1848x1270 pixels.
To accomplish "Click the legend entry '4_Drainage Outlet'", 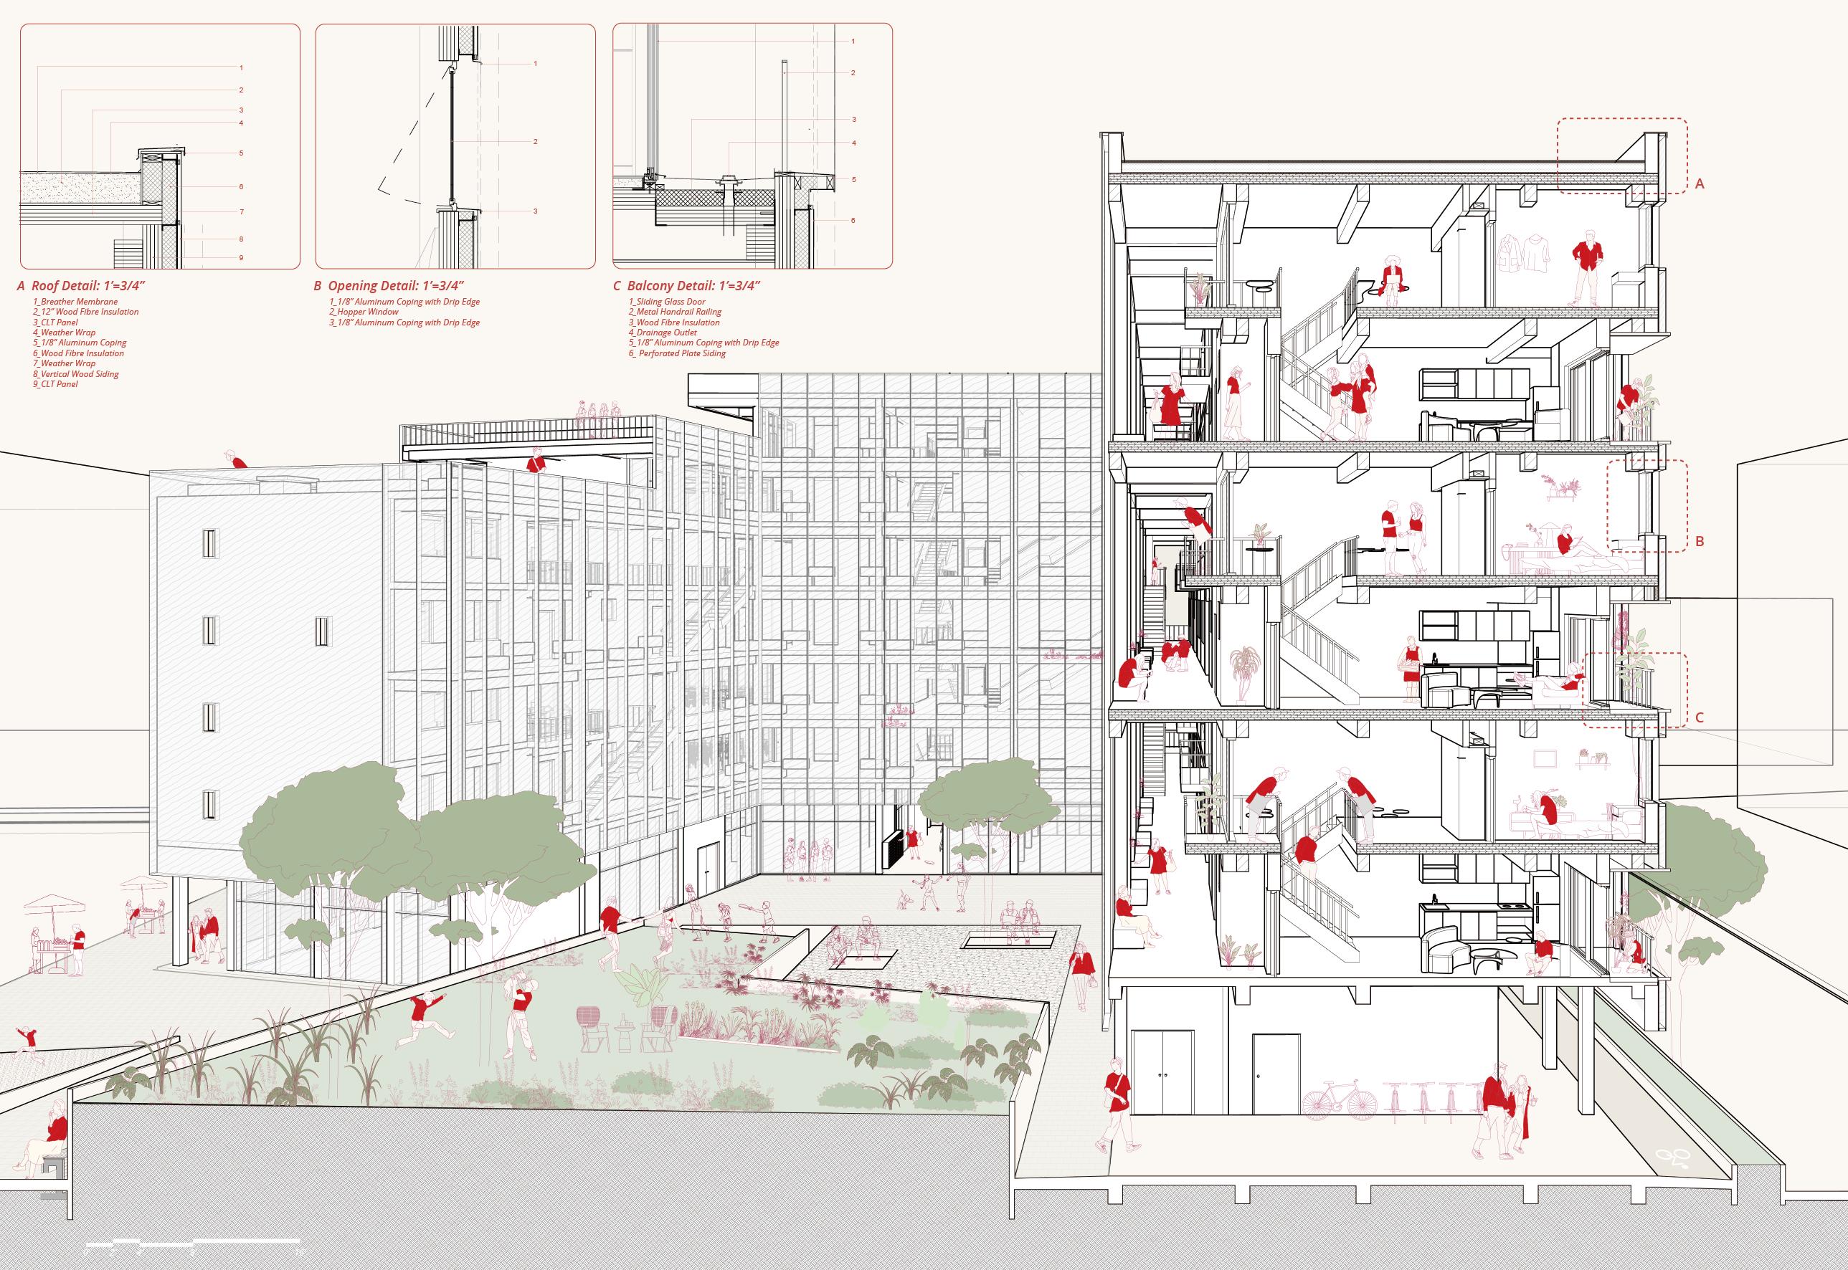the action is pos(663,333).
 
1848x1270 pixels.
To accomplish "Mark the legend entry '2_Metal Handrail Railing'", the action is pos(673,312).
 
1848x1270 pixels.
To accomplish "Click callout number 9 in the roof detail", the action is pos(241,258).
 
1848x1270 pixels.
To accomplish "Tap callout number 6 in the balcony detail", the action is pos(853,221).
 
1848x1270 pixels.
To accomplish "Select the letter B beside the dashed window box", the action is pos(1700,542).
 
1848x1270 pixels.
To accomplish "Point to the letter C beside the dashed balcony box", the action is pos(1699,717).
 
